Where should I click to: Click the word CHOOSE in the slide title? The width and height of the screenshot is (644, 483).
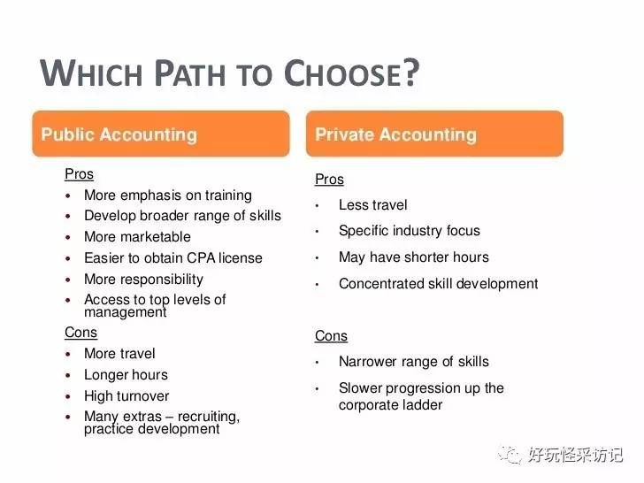pos(350,74)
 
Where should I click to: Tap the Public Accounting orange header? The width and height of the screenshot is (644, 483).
pos(161,134)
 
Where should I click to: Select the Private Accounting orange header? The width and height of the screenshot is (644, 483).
pos(434,134)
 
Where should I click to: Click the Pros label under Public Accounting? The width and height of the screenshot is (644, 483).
pos(79,174)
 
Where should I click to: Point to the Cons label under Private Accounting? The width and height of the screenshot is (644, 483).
pos(331,336)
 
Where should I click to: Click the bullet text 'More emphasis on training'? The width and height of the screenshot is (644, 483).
pos(167,195)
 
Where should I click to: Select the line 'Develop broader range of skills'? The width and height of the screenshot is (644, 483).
pos(182,216)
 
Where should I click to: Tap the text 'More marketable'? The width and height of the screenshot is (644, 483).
pos(137,237)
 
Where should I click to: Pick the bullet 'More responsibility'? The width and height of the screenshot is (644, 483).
pos(143,280)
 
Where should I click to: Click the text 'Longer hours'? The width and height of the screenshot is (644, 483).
pos(126,375)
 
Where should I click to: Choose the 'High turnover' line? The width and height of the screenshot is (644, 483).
pos(126,396)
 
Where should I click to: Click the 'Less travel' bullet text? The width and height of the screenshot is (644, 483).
pos(372,205)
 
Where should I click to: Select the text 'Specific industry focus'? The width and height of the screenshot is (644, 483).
pos(409,231)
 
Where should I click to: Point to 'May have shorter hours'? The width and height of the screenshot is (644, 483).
pos(413,257)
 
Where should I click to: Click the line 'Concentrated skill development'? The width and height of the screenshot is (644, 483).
pos(438,284)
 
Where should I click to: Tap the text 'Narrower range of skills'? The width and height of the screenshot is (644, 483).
pos(413,362)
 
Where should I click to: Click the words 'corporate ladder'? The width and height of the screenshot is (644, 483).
pos(390,405)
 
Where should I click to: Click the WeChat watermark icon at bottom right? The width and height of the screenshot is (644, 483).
pos(510,454)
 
